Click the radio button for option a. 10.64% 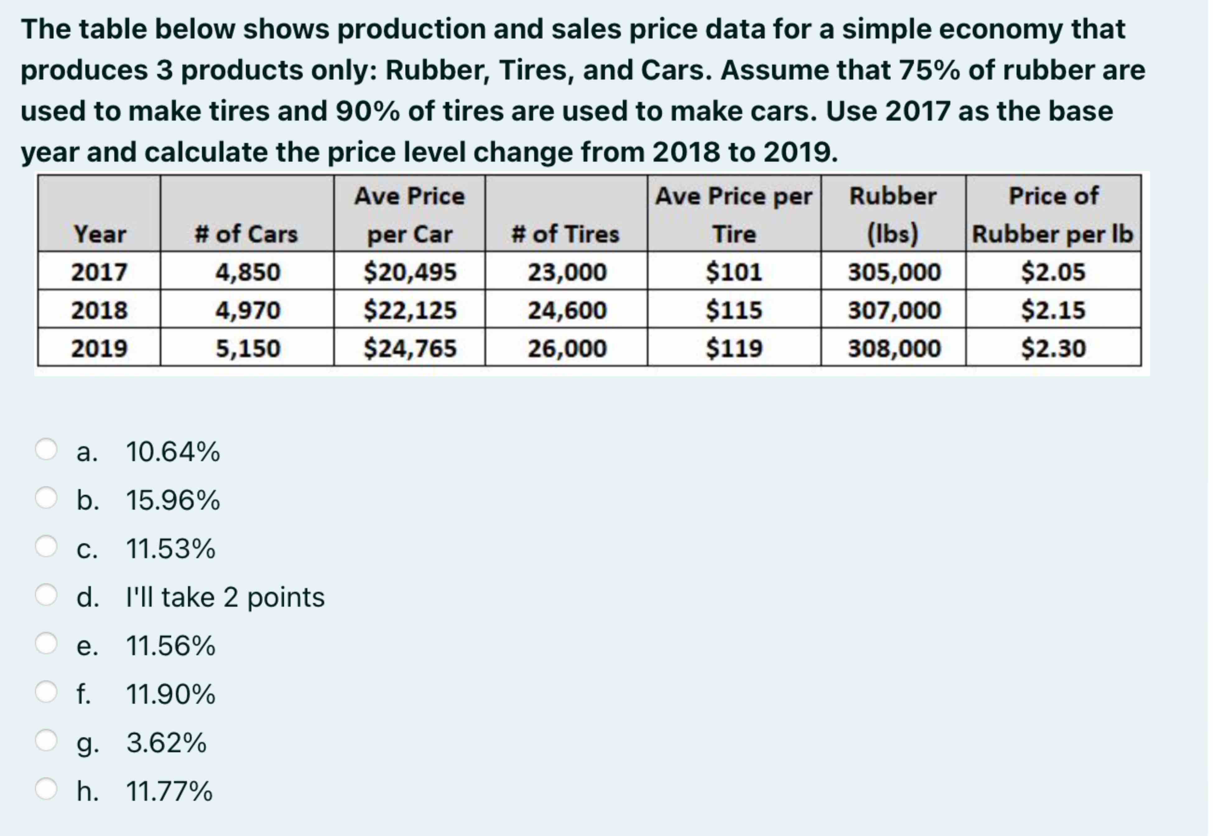(46, 449)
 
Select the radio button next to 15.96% (46, 498)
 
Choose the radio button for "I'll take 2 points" (46, 595)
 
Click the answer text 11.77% (169, 791)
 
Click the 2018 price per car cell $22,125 (410, 309)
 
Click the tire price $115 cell (734, 309)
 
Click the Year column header (100, 234)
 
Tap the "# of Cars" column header (246, 234)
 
